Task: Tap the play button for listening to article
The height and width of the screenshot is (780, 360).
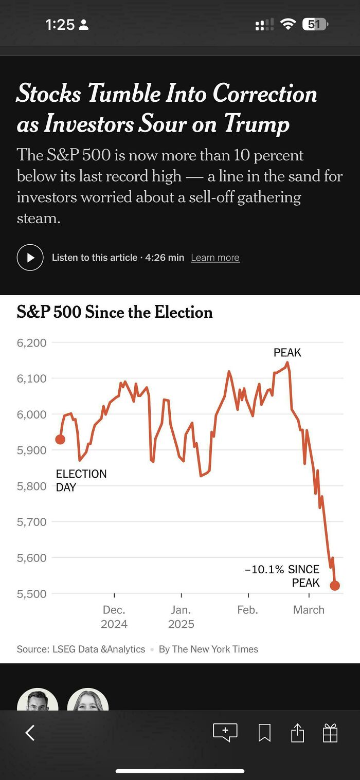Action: tap(30, 257)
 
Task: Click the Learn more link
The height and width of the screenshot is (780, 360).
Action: tap(215, 258)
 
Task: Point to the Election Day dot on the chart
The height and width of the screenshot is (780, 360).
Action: tap(60, 439)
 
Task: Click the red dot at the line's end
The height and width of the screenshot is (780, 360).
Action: tap(335, 585)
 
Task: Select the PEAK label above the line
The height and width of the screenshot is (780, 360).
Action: tap(287, 353)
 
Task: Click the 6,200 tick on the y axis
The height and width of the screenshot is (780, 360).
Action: tap(32, 342)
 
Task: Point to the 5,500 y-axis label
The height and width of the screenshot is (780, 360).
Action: tap(32, 593)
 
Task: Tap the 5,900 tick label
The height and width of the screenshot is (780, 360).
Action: tap(32, 450)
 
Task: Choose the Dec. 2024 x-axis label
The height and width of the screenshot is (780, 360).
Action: tap(114, 616)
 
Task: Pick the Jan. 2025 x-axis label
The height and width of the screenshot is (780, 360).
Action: tap(181, 616)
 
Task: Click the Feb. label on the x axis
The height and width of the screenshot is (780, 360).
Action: tap(248, 610)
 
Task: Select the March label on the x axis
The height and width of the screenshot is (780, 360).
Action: tap(309, 610)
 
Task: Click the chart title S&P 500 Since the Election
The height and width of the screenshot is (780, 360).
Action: tap(115, 312)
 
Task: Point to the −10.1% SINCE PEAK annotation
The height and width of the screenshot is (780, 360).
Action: tap(283, 576)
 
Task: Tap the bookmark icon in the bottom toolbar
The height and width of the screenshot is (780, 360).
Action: tap(264, 733)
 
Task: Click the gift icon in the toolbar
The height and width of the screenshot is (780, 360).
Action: tap(330, 733)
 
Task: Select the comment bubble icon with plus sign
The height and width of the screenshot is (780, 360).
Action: tap(225, 732)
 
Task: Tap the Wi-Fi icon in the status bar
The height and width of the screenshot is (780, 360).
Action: tap(287, 24)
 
